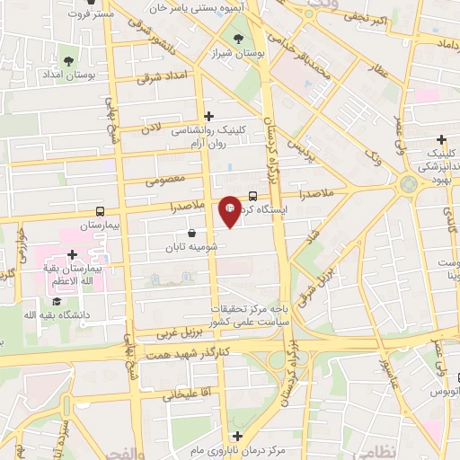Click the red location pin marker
coord(230,210)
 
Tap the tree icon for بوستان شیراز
coord(238,39)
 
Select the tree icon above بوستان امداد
coord(69,60)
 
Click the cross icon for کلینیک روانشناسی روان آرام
coord(209,116)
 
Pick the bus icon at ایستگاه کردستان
coord(252,195)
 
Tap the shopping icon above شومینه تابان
coord(192,233)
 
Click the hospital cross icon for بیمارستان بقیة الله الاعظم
coord(71,254)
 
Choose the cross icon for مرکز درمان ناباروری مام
coord(237,437)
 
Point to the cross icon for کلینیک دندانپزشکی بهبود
coord(441,140)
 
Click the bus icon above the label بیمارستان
coord(98,208)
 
